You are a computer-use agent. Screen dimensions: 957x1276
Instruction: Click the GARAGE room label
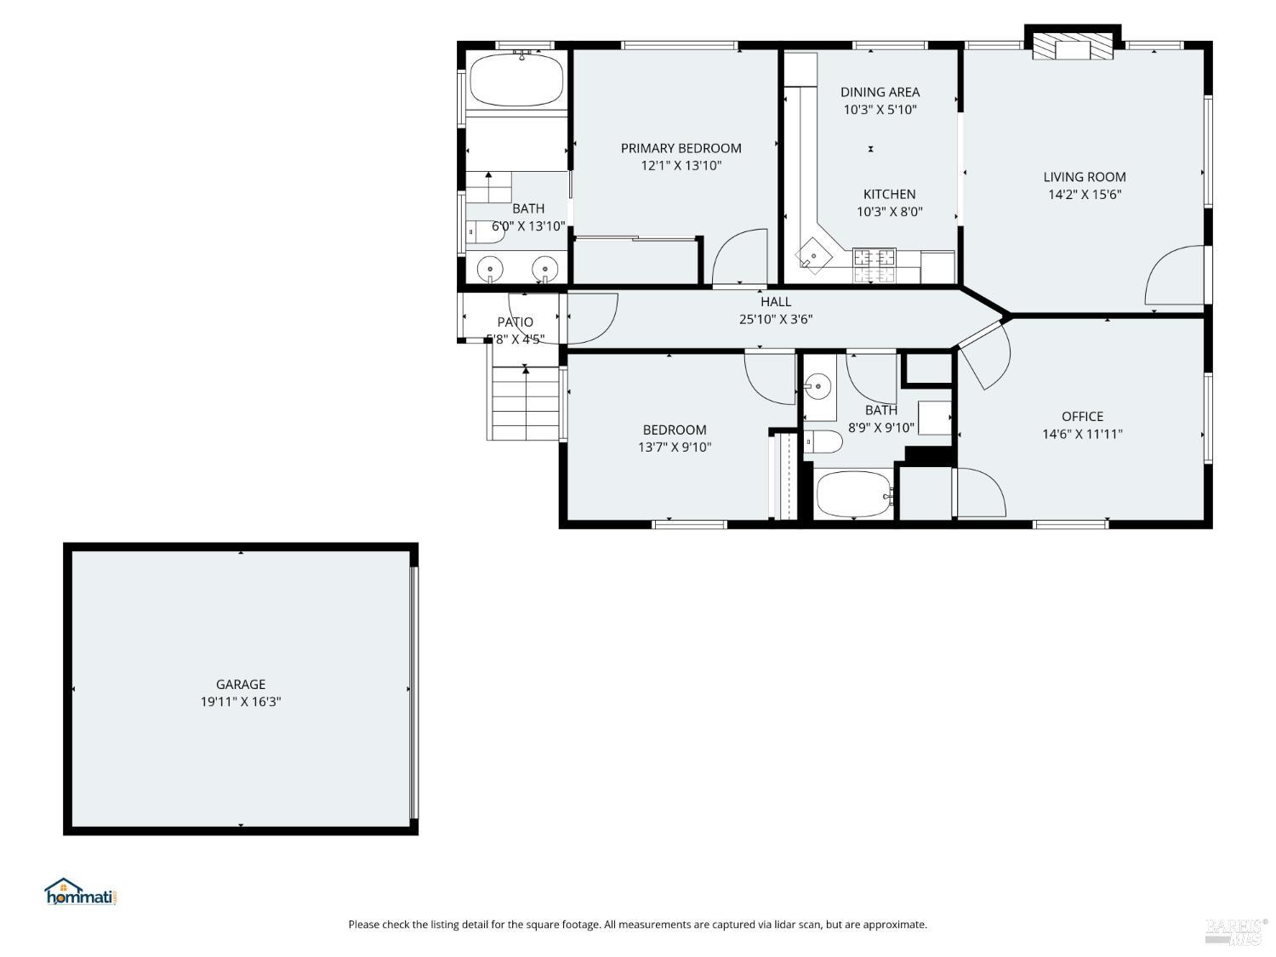click(x=240, y=684)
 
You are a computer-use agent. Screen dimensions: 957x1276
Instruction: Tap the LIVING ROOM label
click(x=1084, y=177)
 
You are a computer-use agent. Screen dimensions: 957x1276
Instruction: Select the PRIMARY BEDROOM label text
click(x=681, y=148)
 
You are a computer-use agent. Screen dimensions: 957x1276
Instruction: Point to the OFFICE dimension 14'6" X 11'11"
click(x=1082, y=434)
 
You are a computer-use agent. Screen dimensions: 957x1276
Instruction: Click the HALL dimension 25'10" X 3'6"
click(x=775, y=319)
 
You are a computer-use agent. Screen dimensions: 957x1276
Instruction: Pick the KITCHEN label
click(x=889, y=194)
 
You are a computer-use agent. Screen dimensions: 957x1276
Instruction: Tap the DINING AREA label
click(x=880, y=92)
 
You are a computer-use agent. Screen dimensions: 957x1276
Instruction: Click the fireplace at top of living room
click(x=1072, y=47)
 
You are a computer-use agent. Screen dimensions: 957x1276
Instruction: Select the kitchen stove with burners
click(x=874, y=265)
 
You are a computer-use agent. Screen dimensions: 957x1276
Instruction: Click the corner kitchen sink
click(x=814, y=255)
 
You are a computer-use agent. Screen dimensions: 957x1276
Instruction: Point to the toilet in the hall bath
click(x=823, y=442)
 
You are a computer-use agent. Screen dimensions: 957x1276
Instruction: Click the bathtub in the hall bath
click(x=853, y=494)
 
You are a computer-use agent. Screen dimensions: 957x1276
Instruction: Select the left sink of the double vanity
click(x=490, y=269)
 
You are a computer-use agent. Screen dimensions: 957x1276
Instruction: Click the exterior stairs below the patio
click(x=526, y=404)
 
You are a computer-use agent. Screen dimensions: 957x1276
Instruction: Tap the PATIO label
click(x=515, y=322)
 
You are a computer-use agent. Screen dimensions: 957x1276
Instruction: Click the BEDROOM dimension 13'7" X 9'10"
click(x=675, y=447)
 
